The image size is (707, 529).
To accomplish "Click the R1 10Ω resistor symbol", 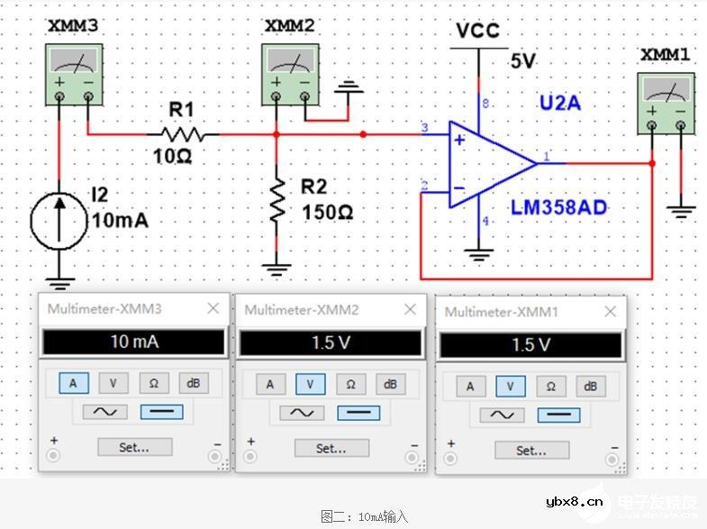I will [x=183, y=134].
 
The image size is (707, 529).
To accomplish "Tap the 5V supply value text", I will [x=522, y=61].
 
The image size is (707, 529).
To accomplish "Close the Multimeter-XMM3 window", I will [x=213, y=308].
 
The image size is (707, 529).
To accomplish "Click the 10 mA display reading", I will [x=132, y=342].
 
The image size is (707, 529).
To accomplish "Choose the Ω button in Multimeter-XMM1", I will [x=550, y=387].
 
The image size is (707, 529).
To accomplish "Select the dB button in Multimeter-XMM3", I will [x=193, y=383].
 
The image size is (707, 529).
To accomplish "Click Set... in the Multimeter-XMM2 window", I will [x=331, y=448].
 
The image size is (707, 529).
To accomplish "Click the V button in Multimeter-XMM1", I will [x=510, y=387].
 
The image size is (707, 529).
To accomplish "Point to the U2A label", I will [x=559, y=103].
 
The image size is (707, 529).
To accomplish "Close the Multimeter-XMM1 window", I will [x=611, y=311].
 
